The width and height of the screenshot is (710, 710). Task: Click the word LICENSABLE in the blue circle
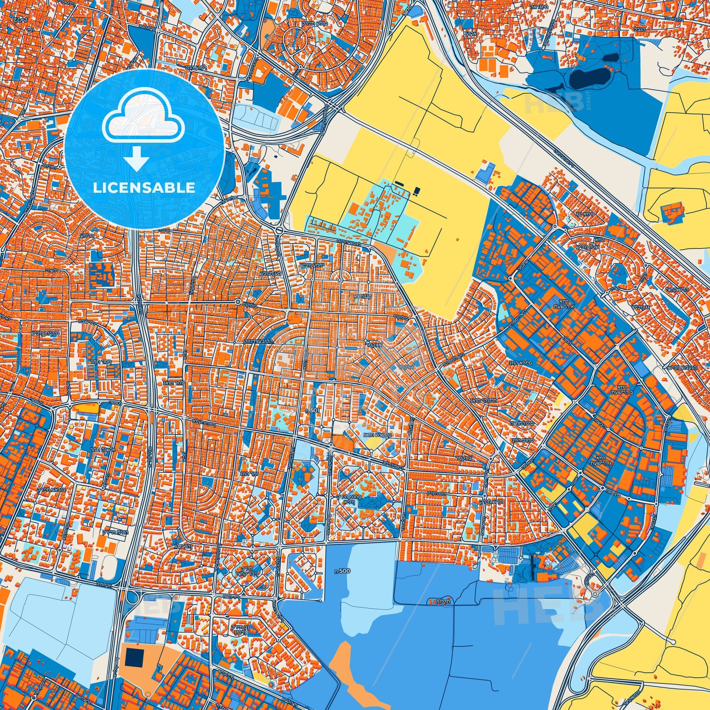(x=144, y=188)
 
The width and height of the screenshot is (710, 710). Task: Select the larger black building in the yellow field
(x=416, y=191)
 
